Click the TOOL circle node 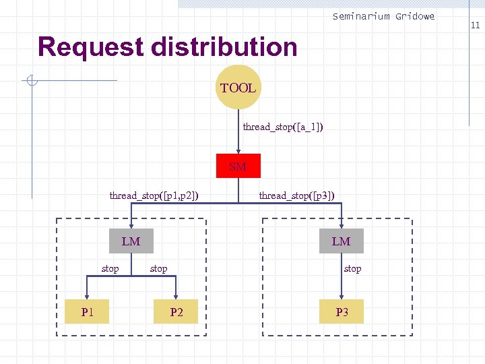(238, 88)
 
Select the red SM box (238, 166)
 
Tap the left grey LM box (131, 241)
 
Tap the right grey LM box (341, 241)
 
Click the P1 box (87, 311)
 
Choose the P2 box (176, 311)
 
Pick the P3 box (342, 311)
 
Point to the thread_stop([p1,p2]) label (154, 195)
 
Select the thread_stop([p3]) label (296, 195)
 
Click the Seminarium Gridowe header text (383, 16)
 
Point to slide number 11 (475, 26)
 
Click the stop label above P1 (110, 268)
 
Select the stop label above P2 (158, 268)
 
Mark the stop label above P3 (352, 268)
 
